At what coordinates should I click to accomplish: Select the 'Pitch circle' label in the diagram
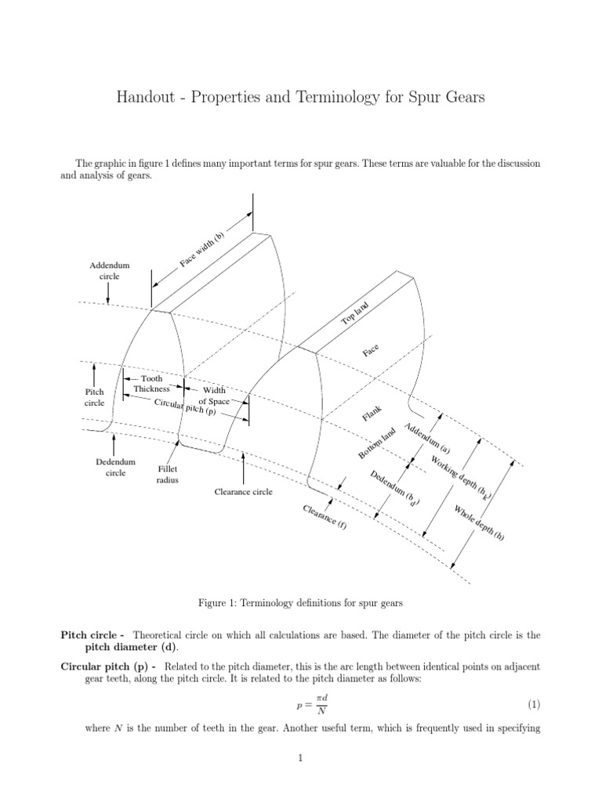pyautogui.click(x=94, y=397)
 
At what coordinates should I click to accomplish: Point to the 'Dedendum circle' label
pyautogui.click(x=110, y=468)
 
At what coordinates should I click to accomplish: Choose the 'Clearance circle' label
pyautogui.click(x=244, y=492)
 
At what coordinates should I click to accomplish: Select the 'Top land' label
pyautogui.click(x=354, y=312)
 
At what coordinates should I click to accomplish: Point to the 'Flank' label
pyautogui.click(x=372, y=414)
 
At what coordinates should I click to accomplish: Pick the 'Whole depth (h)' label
pyautogui.click(x=479, y=523)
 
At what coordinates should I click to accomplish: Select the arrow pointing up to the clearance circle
pyautogui.click(x=244, y=468)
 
